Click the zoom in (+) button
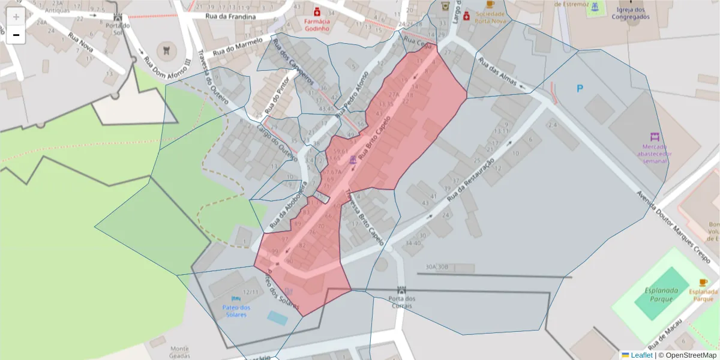pyautogui.click(x=16, y=16)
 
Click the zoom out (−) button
pyautogui.click(x=16, y=35)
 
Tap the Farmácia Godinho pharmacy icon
pyautogui.click(x=317, y=11)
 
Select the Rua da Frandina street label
pyautogui.click(x=230, y=16)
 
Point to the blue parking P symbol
pyautogui.click(x=580, y=89)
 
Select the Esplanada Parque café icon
pyautogui.click(x=703, y=283)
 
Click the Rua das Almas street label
pyautogui.click(x=497, y=73)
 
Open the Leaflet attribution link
pyautogui.click(x=641, y=355)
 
